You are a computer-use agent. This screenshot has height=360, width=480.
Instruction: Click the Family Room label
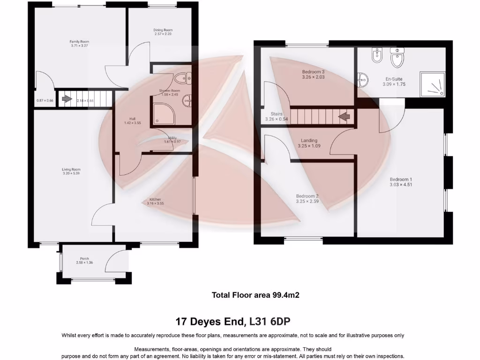click(80, 42)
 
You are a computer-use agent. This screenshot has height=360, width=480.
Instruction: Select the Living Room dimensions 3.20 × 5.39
click(71, 173)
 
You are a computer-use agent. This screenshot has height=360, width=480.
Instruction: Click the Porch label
click(84, 259)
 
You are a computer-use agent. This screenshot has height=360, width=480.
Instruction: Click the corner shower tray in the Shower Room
click(162, 113)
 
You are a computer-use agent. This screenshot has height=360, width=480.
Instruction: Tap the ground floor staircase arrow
click(67, 99)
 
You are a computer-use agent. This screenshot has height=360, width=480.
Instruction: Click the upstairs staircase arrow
click(345, 116)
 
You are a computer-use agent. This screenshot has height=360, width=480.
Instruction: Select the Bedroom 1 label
click(401, 179)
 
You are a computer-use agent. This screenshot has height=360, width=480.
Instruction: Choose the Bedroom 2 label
click(307, 196)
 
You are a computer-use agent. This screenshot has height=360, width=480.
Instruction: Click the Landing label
click(309, 140)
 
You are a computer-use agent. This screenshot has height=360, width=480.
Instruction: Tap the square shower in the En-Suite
click(432, 84)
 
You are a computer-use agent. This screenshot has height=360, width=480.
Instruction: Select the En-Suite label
click(394, 79)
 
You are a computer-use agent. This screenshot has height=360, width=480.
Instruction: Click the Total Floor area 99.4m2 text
click(255, 295)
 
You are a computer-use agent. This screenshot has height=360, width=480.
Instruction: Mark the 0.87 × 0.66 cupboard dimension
click(45, 100)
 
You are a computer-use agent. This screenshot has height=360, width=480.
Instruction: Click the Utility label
click(172, 137)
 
